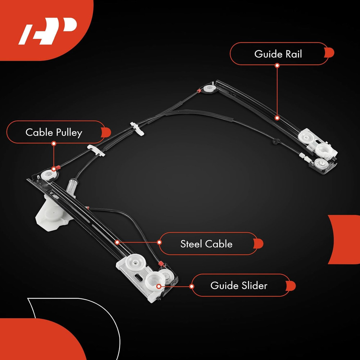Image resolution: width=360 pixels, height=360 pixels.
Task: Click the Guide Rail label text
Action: click(278, 54)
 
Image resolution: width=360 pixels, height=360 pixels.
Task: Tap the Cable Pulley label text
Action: click(54, 132)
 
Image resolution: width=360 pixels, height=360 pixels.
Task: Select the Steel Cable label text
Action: click(206, 244)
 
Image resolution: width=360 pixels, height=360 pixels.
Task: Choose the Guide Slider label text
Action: click(239, 285)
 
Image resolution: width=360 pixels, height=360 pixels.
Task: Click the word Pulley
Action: click(69, 132)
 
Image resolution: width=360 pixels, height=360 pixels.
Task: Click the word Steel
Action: click(191, 244)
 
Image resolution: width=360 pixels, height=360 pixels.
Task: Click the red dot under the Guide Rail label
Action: click(277, 66)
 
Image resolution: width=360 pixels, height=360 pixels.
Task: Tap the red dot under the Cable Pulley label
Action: click(54, 143)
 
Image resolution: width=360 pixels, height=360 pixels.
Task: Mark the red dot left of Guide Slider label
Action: click(192, 287)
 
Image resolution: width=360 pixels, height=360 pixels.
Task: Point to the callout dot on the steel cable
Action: click(117, 242)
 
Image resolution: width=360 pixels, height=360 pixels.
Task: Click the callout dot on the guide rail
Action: click(277, 117)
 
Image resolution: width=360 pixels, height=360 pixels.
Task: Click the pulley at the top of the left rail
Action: click(48, 175)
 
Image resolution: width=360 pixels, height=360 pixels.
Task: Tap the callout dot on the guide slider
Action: click(159, 286)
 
